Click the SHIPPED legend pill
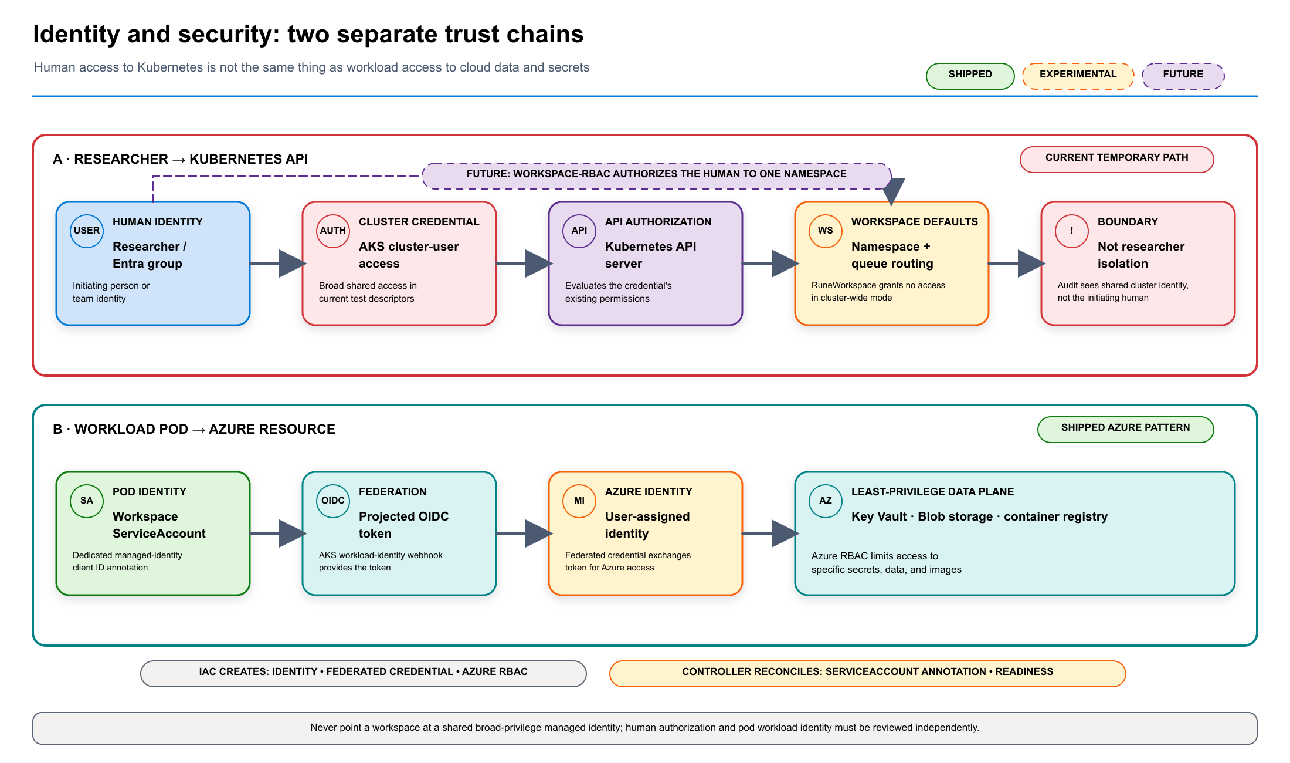[x=970, y=76]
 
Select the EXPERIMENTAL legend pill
[x=1078, y=76]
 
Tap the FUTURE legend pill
[x=1183, y=76]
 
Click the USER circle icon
[x=87, y=231]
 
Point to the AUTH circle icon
[x=333, y=231]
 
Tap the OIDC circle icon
[x=333, y=501]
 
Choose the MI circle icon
[x=579, y=501]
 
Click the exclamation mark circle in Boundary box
[x=1072, y=231]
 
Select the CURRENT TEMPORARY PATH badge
[x=1116, y=159]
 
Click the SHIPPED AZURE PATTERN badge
[x=1125, y=429]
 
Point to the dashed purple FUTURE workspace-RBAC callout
[x=657, y=175]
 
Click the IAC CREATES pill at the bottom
[x=364, y=673]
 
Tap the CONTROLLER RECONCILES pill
[x=868, y=673]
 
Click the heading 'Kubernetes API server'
[x=651, y=255]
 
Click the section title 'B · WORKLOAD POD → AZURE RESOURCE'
[x=194, y=429]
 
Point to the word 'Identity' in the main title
[x=76, y=34]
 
